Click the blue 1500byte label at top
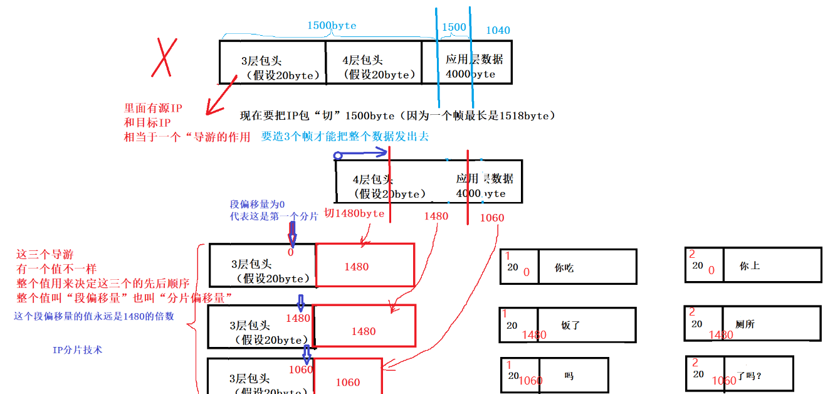click(331, 26)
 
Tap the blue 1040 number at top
click(498, 30)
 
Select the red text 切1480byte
click(354, 213)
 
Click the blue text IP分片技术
click(77, 350)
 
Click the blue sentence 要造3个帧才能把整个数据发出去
click(345, 136)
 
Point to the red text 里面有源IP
click(153, 108)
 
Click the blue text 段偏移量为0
click(257, 205)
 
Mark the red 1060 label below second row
click(491, 218)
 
